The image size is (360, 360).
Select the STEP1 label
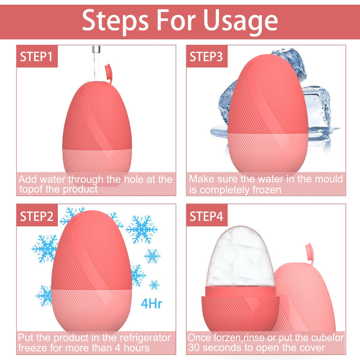point(36,56)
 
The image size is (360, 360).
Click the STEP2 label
point(37,217)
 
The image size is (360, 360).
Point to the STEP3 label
point(206,56)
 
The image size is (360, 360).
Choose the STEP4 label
point(206,217)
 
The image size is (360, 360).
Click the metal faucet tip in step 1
point(96,49)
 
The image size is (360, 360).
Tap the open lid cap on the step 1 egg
point(108,73)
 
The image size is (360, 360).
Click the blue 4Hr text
point(152,304)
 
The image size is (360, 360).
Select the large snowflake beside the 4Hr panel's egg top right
point(141,229)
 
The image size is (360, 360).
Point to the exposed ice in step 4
point(240,257)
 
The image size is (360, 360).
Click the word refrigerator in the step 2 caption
point(145,338)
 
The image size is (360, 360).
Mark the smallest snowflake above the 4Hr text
point(154,285)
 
